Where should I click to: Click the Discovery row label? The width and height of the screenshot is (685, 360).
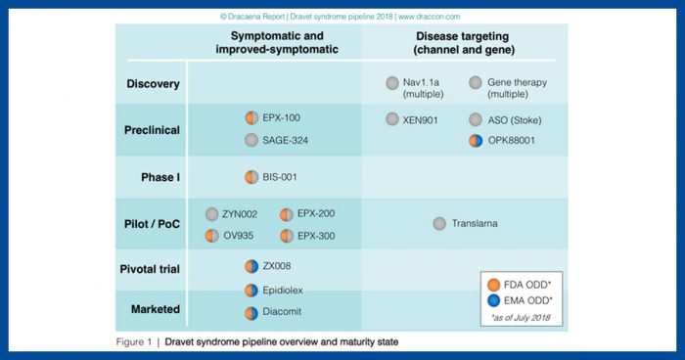click(152, 84)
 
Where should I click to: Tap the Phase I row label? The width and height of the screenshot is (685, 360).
click(158, 177)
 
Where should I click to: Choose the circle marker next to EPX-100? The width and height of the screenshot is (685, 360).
click(251, 117)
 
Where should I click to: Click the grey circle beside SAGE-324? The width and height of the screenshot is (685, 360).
click(251, 141)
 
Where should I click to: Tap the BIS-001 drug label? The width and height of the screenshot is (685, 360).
click(282, 177)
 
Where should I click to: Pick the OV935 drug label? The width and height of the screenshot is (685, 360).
click(241, 236)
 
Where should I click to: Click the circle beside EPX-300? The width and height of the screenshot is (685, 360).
click(287, 236)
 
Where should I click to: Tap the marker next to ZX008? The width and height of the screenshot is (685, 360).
click(251, 266)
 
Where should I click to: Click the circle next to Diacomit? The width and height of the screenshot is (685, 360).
click(251, 313)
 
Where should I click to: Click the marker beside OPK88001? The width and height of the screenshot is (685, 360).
click(477, 141)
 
